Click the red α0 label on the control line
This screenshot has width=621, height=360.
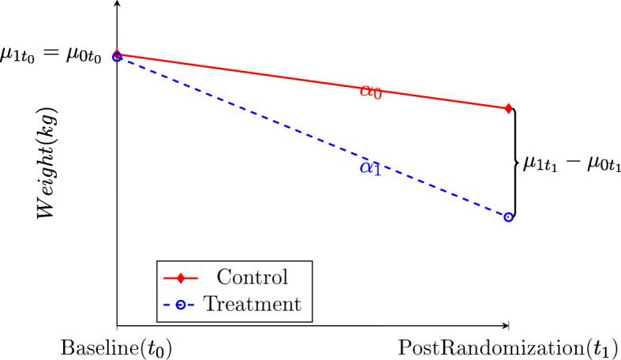click(370, 92)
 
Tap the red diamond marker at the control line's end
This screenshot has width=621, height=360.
click(508, 108)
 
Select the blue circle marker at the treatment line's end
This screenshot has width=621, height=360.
click(508, 217)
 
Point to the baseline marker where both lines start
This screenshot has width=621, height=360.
click(117, 56)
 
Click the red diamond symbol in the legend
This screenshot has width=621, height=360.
click(182, 279)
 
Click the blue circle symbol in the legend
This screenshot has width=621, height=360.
click(182, 303)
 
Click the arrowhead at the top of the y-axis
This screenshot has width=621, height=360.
click(117, 4)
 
